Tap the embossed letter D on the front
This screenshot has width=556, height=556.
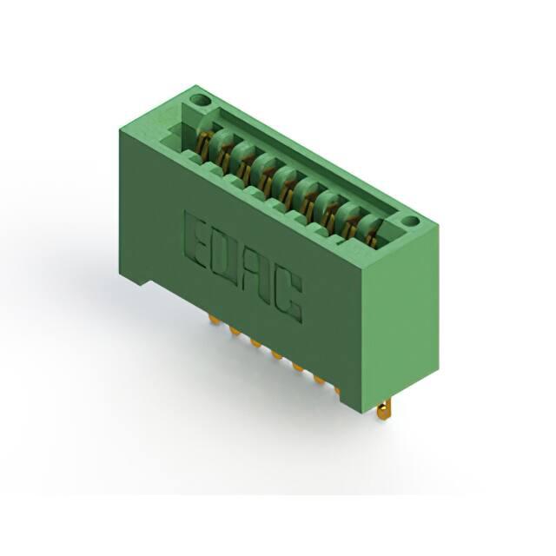tap(226, 256)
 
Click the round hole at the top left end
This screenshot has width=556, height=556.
tap(200, 101)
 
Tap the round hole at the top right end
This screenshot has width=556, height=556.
tap(411, 222)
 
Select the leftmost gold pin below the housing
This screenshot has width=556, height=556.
tap(213, 320)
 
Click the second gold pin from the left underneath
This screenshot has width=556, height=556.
tap(234, 331)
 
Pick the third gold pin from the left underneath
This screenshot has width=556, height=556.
tap(255, 342)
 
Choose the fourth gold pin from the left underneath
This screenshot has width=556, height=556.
tap(276, 354)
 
